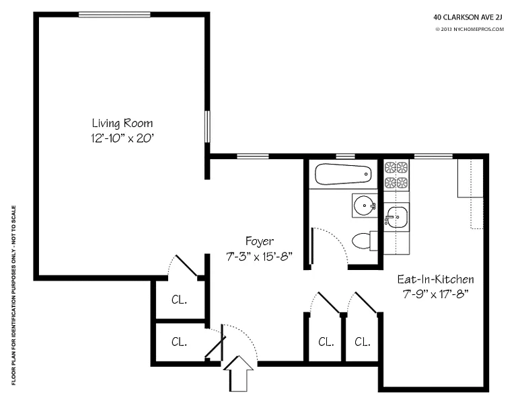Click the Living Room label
click(122, 124)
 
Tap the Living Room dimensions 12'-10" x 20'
click(122, 138)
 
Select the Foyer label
click(260, 241)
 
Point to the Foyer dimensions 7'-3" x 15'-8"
click(260, 257)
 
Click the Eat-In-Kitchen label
click(436, 279)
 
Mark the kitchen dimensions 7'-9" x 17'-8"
click(436, 294)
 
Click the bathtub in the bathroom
click(343, 174)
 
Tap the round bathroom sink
click(365, 206)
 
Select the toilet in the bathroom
click(365, 241)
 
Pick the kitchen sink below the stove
click(396, 218)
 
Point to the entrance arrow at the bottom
click(238, 373)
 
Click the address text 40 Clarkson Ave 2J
click(468, 17)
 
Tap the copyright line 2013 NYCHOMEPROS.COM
click(470, 30)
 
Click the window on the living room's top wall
click(114, 15)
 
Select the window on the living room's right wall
click(207, 127)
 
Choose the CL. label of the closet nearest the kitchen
click(362, 341)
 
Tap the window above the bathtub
click(345, 156)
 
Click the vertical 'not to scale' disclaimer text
click(13, 296)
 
